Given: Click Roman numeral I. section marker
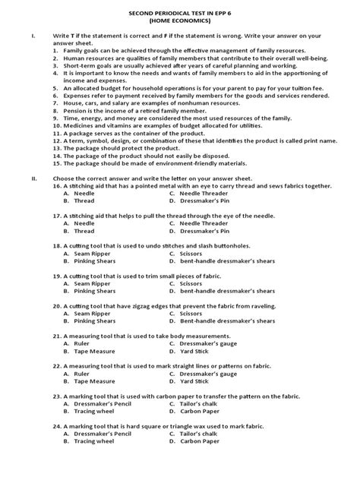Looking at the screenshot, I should pos(33,36).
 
